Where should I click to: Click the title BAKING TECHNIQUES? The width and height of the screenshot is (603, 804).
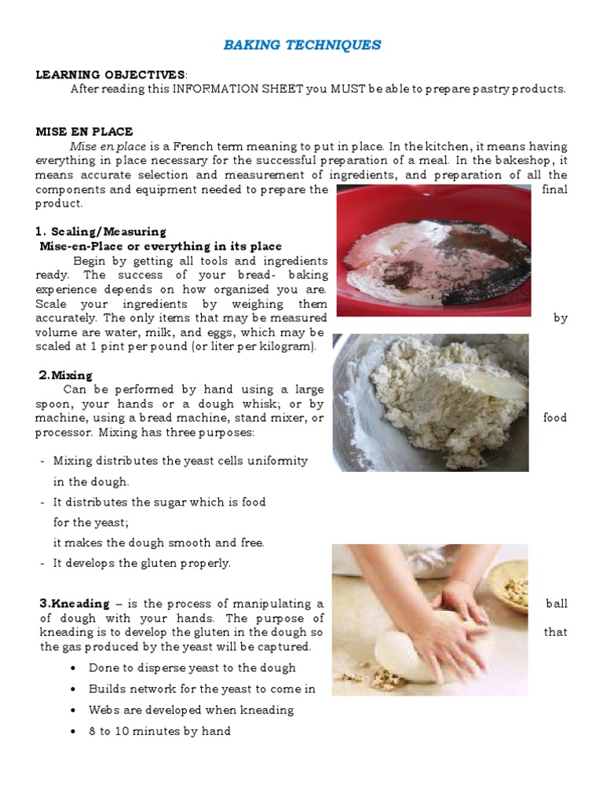(x=302, y=45)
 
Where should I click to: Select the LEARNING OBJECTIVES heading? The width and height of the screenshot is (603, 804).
(x=111, y=75)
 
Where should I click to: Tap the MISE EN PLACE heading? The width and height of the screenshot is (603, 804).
(x=84, y=131)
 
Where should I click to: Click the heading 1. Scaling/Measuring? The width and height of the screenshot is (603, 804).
(x=100, y=232)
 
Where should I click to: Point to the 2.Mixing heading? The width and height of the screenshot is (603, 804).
(x=66, y=375)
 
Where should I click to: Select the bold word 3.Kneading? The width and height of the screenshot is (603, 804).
(x=75, y=604)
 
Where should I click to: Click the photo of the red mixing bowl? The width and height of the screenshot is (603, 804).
(x=433, y=250)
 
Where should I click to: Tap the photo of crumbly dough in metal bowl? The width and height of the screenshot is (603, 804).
(x=430, y=402)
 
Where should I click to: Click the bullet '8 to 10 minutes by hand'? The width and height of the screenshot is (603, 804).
(x=159, y=731)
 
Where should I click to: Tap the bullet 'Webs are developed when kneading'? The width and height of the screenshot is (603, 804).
(x=191, y=710)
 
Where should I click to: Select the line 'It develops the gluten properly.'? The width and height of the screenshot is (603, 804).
(x=142, y=563)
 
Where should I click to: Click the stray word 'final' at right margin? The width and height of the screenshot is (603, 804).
(x=554, y=189)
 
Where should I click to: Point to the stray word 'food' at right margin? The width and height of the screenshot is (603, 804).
(x=554, y=418)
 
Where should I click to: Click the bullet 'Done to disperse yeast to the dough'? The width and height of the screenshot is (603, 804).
(x=192, y=667)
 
